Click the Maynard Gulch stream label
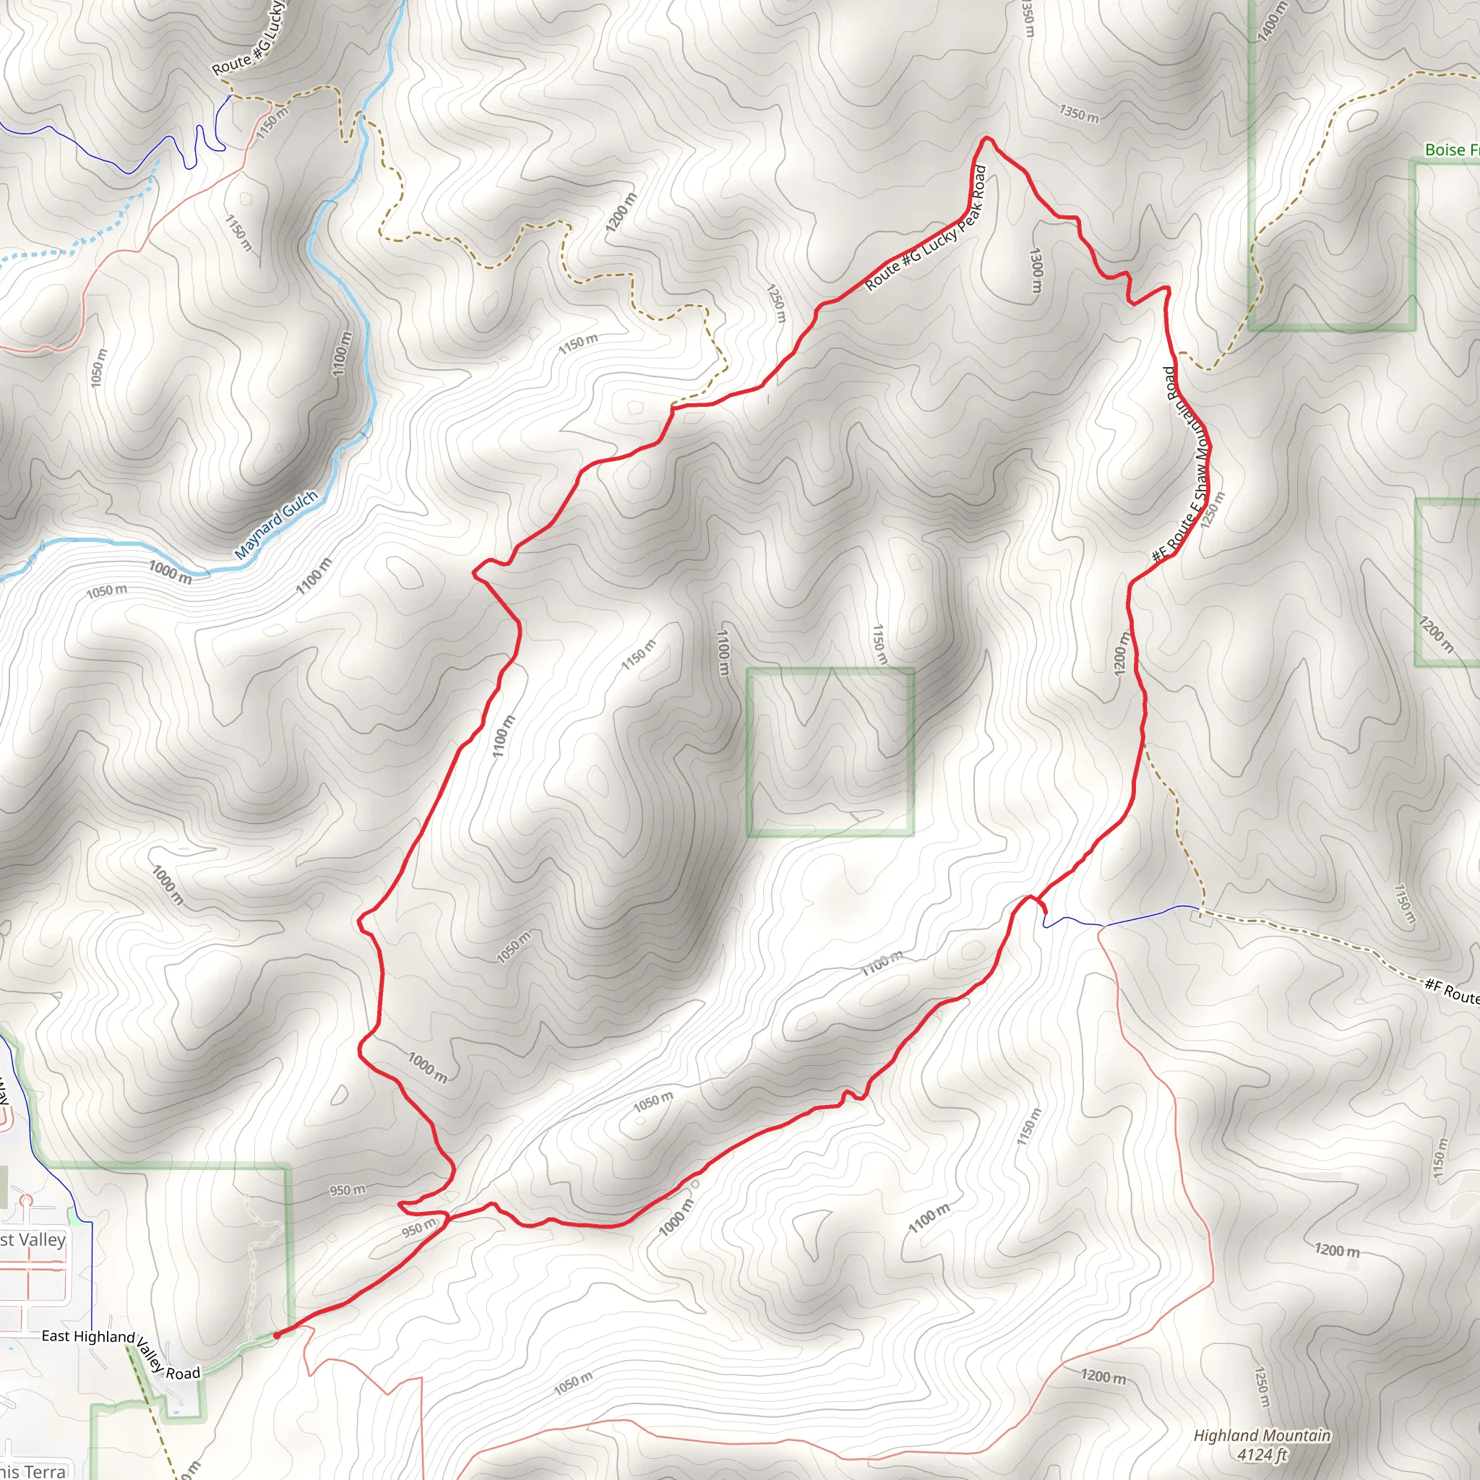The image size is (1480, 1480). pyautogui.click(x=276, y=524)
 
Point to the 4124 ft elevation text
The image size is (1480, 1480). pyautogui.click(x=1262, y=1454)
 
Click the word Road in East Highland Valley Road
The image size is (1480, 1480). pyautogui.click(x=183, y=1374)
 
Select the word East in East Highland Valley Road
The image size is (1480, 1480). pyautogui.click(x=55, y=1336)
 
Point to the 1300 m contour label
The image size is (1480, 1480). pyautogui.click(x=1036, y=270)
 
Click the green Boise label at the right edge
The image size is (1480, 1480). pyautogui.click(x=1451, y=150)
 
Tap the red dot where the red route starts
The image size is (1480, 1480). pyautogui.click(x=277, y=1335)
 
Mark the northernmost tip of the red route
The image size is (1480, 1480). pyautogui.click(x=986, y=138)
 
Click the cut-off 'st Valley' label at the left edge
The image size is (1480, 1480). pyautogui.click(x=33, y=1240)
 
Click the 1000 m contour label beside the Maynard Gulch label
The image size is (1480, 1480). pyautogui.click(x=170, y=572)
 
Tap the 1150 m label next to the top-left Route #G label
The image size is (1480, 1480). pyautogui.click(x=272, y=123)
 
